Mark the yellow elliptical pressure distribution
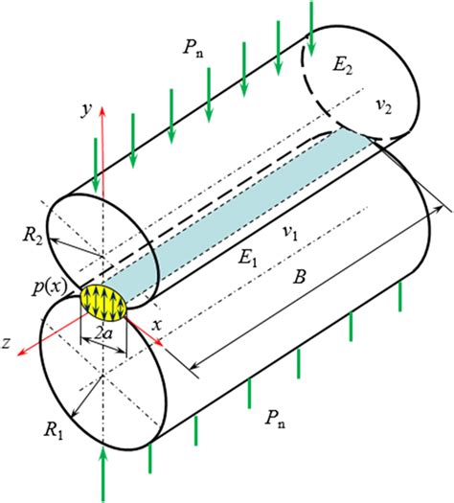pyautogui.click(x=103, y=301)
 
